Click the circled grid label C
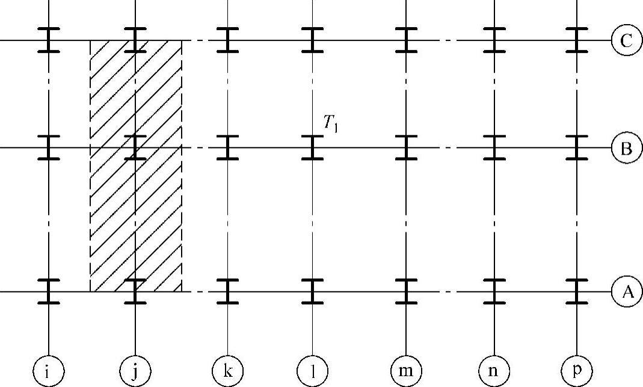pyautogui.click(x=626, y=40)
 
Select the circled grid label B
pyautogui.click(x=626, y=147)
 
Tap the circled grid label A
pyautogui.click(x=626, y=292)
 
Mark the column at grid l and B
pyautogui.click(x=312, y=147)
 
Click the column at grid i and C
pyautogui.click(x=48, y=40)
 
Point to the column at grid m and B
pyautogui.click(x=406, y=147)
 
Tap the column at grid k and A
pyautogui.click(x=227, y=292)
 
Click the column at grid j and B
pyautogui.click(x=135, y=147)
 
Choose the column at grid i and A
pyautogui.click(x=48, y=292)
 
